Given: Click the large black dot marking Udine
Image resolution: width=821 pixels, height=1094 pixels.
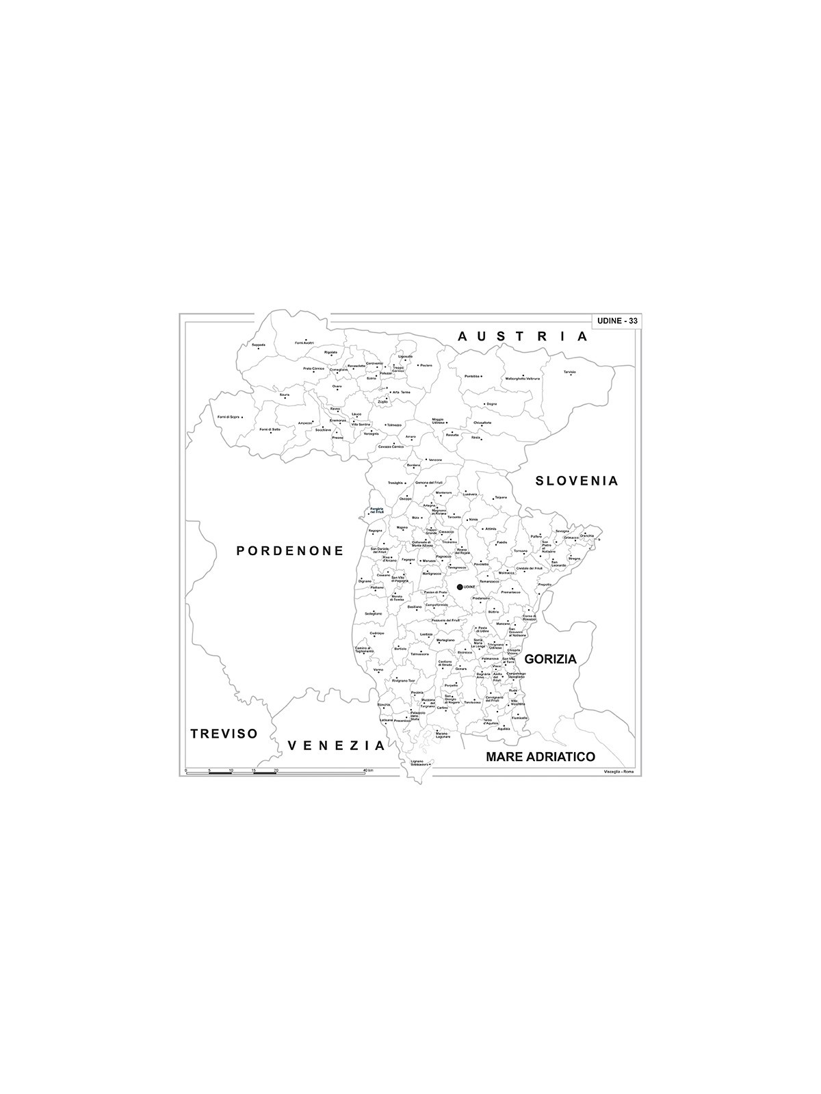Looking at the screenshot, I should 460,587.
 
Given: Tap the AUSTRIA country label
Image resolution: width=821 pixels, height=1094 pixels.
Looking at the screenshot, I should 523,336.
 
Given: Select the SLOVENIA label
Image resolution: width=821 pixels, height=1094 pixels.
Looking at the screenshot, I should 577,481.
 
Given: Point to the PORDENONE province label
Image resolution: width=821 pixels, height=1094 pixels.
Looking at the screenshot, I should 290,550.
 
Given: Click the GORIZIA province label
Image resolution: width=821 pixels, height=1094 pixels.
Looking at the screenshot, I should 551,659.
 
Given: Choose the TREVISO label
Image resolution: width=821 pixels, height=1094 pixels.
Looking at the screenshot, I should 224,734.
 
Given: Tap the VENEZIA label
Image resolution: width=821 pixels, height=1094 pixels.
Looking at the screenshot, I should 337,745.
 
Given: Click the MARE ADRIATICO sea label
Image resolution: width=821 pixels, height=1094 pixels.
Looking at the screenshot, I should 540,757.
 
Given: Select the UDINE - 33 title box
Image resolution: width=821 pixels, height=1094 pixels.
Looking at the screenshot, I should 616,321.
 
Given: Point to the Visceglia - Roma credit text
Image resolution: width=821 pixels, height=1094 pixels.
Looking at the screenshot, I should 618,772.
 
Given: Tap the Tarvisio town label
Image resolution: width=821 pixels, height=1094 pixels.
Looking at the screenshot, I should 570,372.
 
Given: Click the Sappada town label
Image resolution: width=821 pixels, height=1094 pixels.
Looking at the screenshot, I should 258,345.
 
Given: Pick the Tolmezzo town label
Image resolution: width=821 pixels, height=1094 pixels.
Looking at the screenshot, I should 393,425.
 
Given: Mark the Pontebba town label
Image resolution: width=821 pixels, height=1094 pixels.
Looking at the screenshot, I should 472,376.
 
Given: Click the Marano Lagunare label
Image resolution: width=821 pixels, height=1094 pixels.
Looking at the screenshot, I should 443,736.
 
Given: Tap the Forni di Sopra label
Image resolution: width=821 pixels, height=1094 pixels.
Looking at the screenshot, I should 229,416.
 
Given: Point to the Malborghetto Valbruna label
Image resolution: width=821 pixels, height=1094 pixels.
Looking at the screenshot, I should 523,378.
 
